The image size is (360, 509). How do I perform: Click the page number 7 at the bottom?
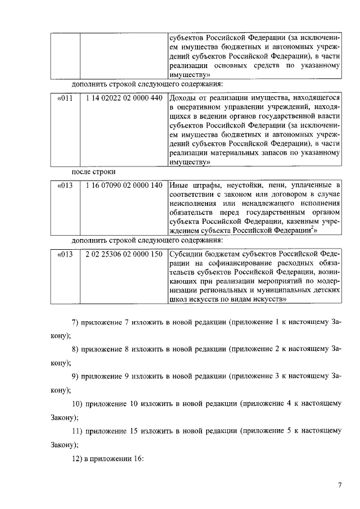point(340,485)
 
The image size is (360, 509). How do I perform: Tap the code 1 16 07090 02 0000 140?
point(124,185)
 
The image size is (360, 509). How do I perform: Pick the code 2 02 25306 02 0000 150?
point(124,254)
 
